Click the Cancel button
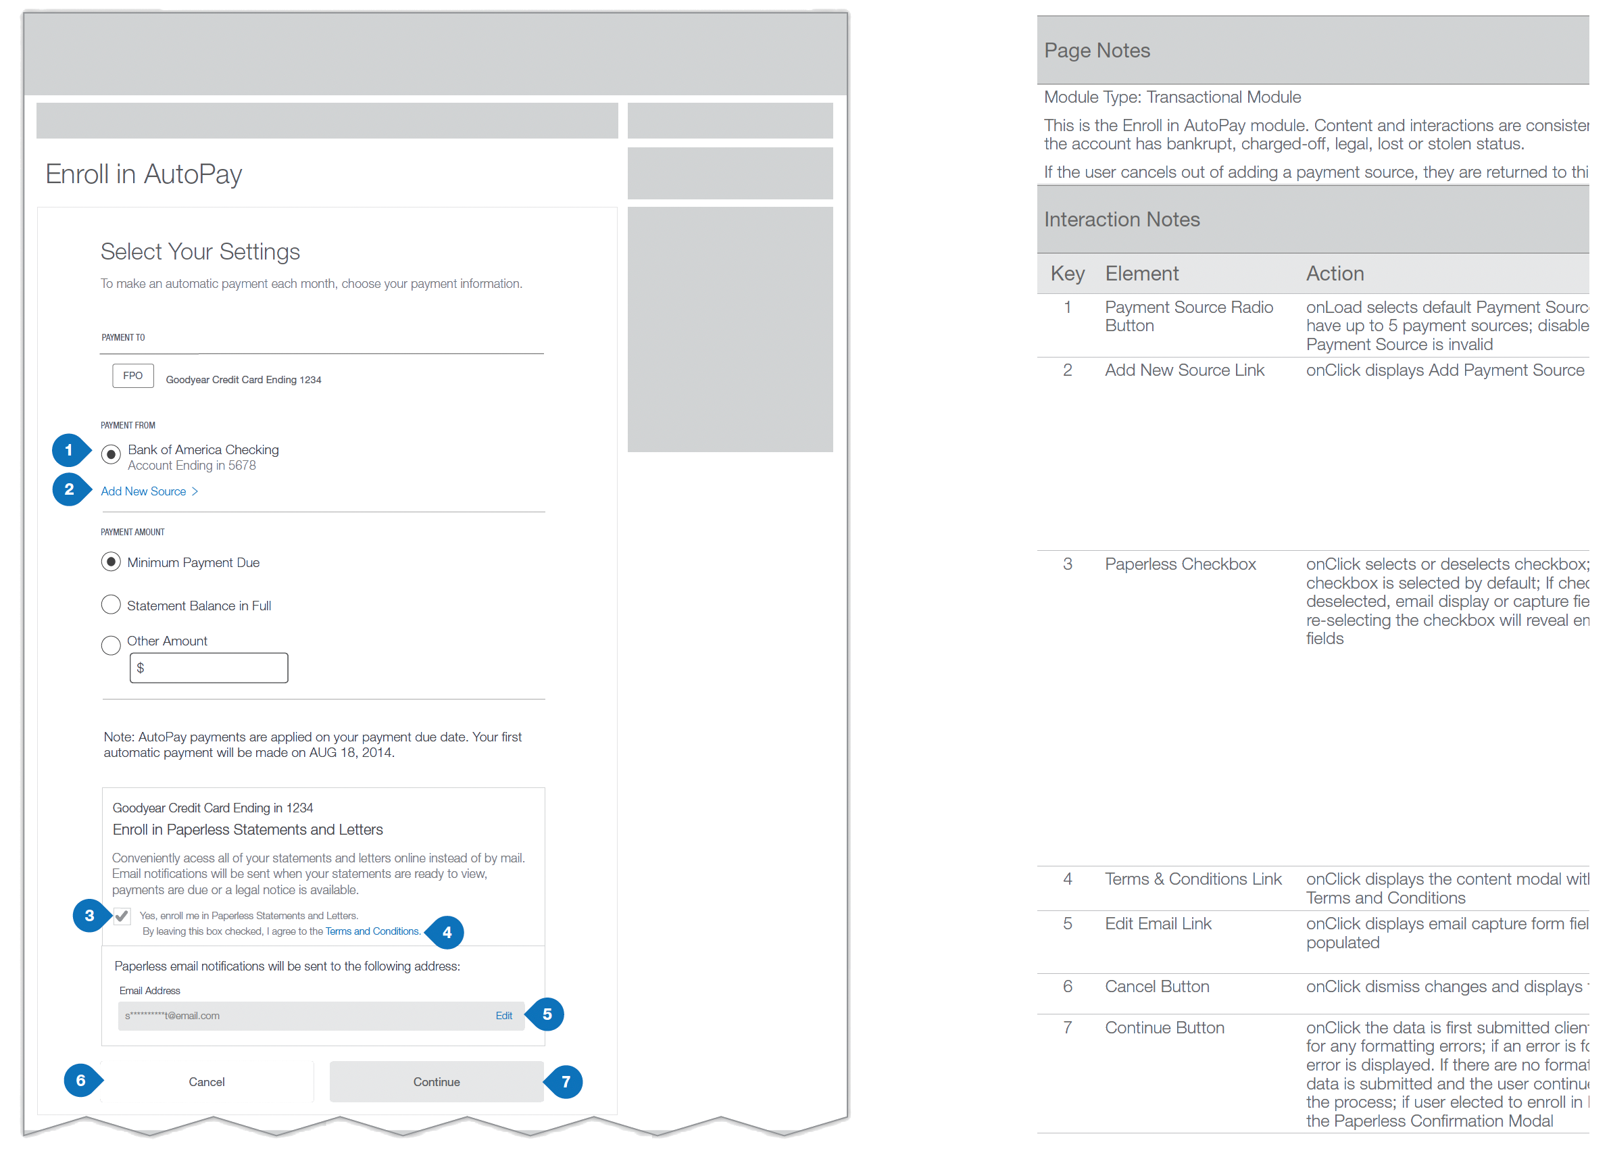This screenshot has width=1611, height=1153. click(x=207, y=1081)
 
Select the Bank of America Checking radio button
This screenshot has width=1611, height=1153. click(x=111, y=453)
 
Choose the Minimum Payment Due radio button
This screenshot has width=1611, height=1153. click(x=111, y=562)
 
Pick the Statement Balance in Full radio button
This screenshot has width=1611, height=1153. click(x=111, y=605)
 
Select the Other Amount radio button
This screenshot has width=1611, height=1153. click(x=111, y=645)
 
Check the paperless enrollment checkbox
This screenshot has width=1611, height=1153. click(x=122, y=916)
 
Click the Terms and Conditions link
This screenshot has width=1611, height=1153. click(x=372, y=931)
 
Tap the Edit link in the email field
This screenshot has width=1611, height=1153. click(x=504, y=1015)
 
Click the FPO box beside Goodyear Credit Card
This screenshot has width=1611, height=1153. click(x=132, y=376)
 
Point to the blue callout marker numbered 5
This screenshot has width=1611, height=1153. click(x=547, y=1014)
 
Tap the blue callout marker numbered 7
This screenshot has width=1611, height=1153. click(x=565, y=1081)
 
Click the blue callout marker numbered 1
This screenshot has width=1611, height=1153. click(x=69, y=450)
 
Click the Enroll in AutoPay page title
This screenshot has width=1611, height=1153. click(x=144, y=174)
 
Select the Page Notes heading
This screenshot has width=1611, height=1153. click(x=1097, y=51)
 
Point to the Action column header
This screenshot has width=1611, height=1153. click(x=1334, y=273)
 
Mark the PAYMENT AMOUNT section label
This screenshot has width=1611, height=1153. click(x=132, y=532)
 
